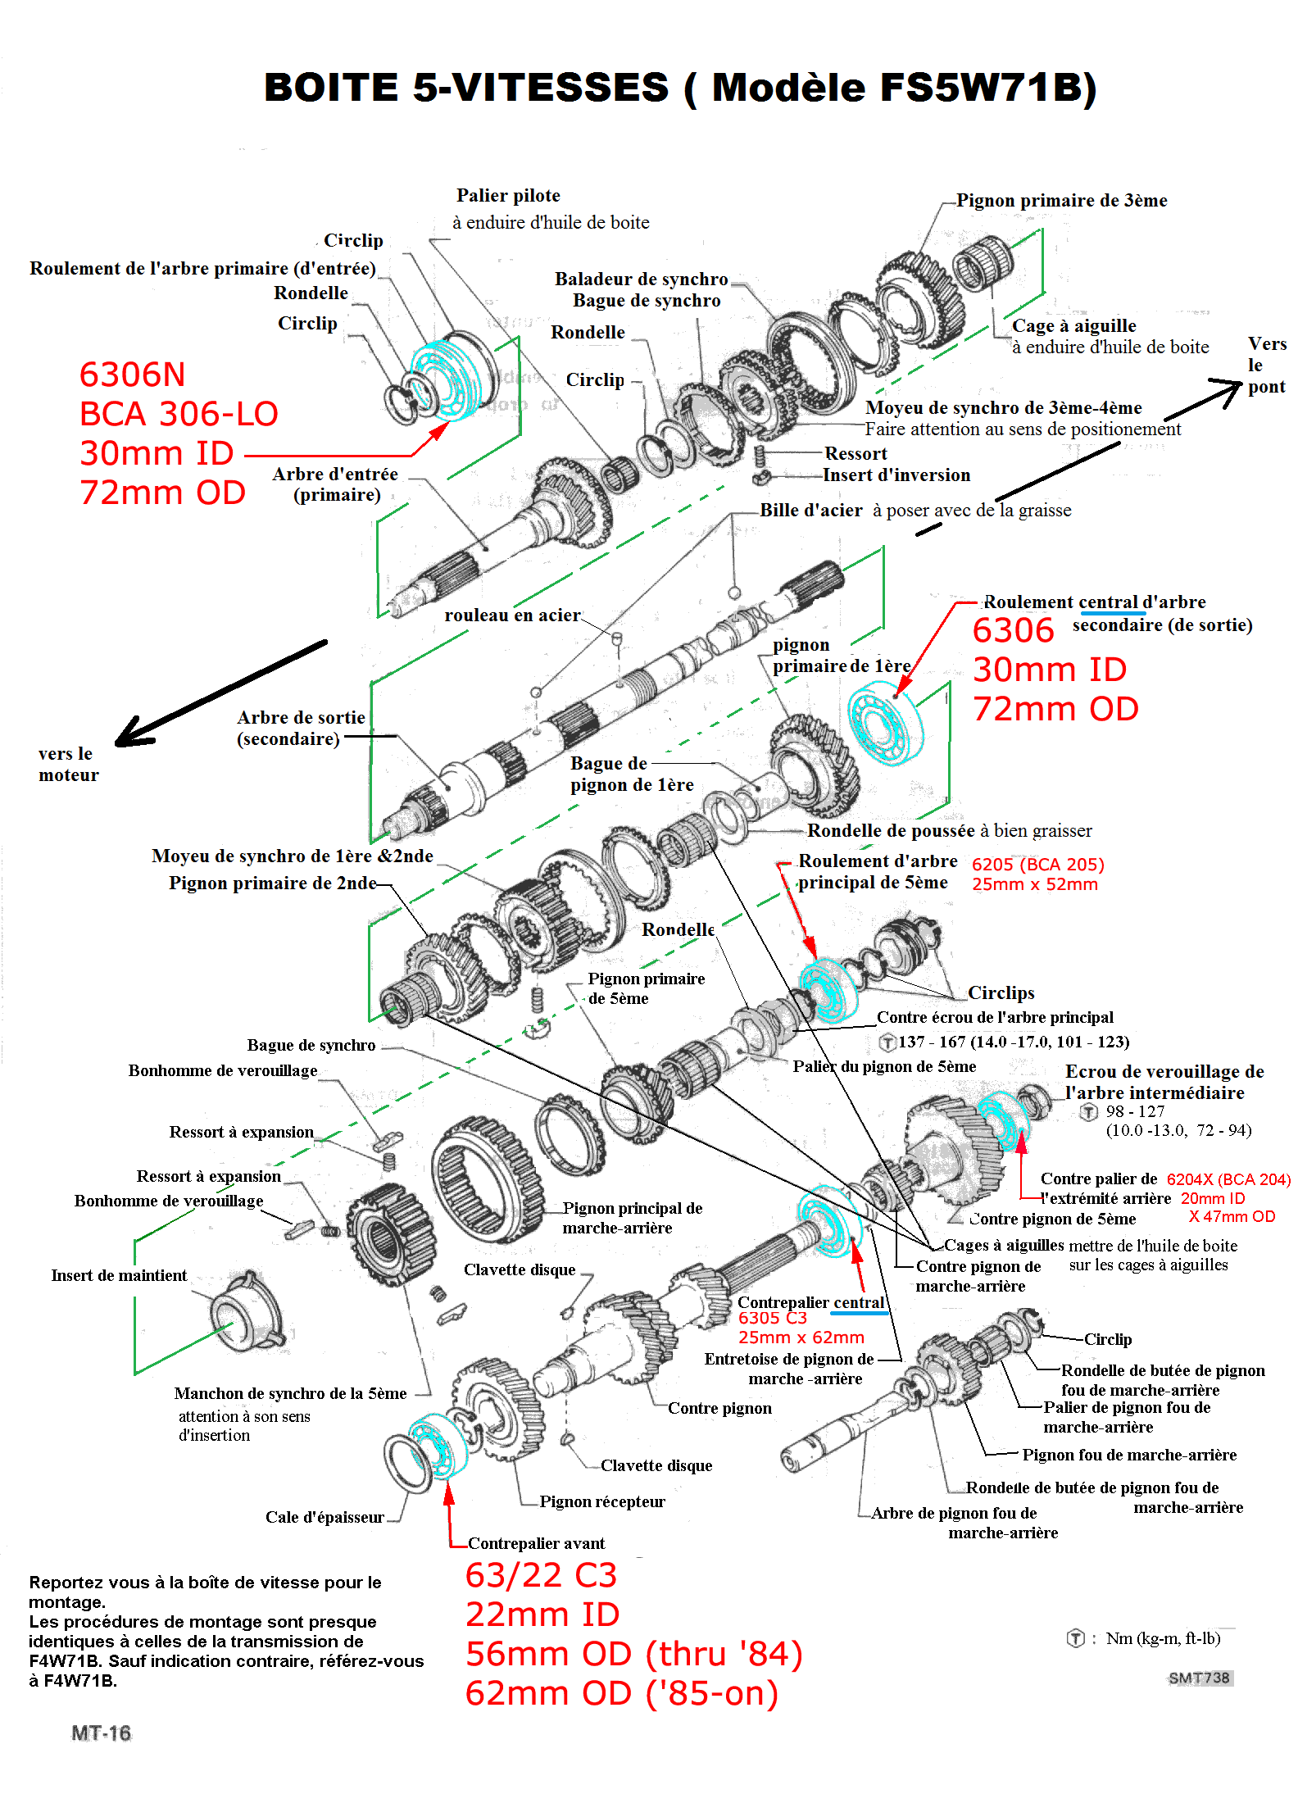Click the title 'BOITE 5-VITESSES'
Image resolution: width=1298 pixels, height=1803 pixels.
pyautogui.click(x=465, y=88)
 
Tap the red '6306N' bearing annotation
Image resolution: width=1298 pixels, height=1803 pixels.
pyautogui.click(x=132, y=375)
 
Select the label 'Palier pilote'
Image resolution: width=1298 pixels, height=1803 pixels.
pyautogui.click(x=508, y=196)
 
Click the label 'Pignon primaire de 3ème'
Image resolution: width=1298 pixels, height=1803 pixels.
pyautogui.click(x=1061, y=201)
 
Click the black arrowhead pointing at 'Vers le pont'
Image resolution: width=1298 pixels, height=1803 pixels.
pyautogui.click(x=1228, y=390)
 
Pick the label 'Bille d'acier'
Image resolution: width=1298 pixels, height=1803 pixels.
pyautogui.click(x=810, y=511)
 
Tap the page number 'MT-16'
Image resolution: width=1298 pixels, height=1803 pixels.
pyautogui.click(x=101, y=1733)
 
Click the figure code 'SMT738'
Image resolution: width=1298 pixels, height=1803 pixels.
pyautogui.click(x=1199, y=1678)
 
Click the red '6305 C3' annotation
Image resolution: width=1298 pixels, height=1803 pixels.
pyautogui.click(x=772, y=1318)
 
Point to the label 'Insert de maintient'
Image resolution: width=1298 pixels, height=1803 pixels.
pyautogui.click(x=119, y=1275)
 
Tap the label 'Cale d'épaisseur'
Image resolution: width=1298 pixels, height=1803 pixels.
pyautogui.click(x=324, y=1517)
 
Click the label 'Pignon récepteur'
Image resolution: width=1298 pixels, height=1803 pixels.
pyautogui.click(x=602, y=1501)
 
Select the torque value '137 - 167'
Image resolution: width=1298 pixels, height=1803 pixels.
pyautogui.click(x=932, y=1042)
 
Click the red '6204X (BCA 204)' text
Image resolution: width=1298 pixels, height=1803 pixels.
pyautogui.click(x=1228, y=1179)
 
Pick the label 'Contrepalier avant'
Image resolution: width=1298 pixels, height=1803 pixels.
pyautogui.click(x=536, y=1543)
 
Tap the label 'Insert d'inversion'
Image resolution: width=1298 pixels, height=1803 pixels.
pyautogui.click(x=896, y=475)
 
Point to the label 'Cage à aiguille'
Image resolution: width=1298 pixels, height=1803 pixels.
pyautogui.click(x=1073, y=326)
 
